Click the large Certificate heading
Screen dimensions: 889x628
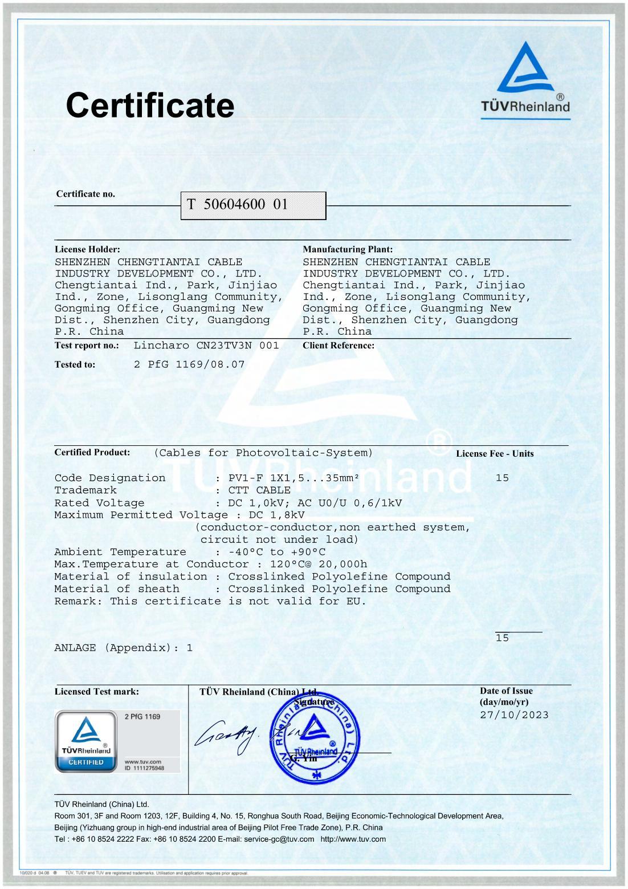(x=150, y=105)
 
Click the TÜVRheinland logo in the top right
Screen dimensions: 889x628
(x=525, y=80)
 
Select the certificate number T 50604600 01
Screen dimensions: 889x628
(x=237, y=205)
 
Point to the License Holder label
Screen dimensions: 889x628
(x=87, y=249)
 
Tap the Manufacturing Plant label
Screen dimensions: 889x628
(x=348, y=249)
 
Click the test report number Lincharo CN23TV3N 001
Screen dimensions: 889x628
(x=206, y=346)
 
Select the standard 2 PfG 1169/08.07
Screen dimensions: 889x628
(x=189, y=364)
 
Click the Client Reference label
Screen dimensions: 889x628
(x=339, y=346)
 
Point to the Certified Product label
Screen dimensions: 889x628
(x=92, y=452)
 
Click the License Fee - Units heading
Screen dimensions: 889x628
(x=495, y=454)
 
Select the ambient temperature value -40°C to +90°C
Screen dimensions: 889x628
(x=276, y=552)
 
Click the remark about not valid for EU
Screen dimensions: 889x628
(x=210, y=601)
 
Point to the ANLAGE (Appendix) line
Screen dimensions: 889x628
(x=123, y=648)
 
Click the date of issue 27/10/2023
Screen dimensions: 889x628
(x=514, y=715)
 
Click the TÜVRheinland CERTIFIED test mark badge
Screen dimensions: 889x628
(x=86, y=741)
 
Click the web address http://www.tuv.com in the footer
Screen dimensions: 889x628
(x=353, y=839)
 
